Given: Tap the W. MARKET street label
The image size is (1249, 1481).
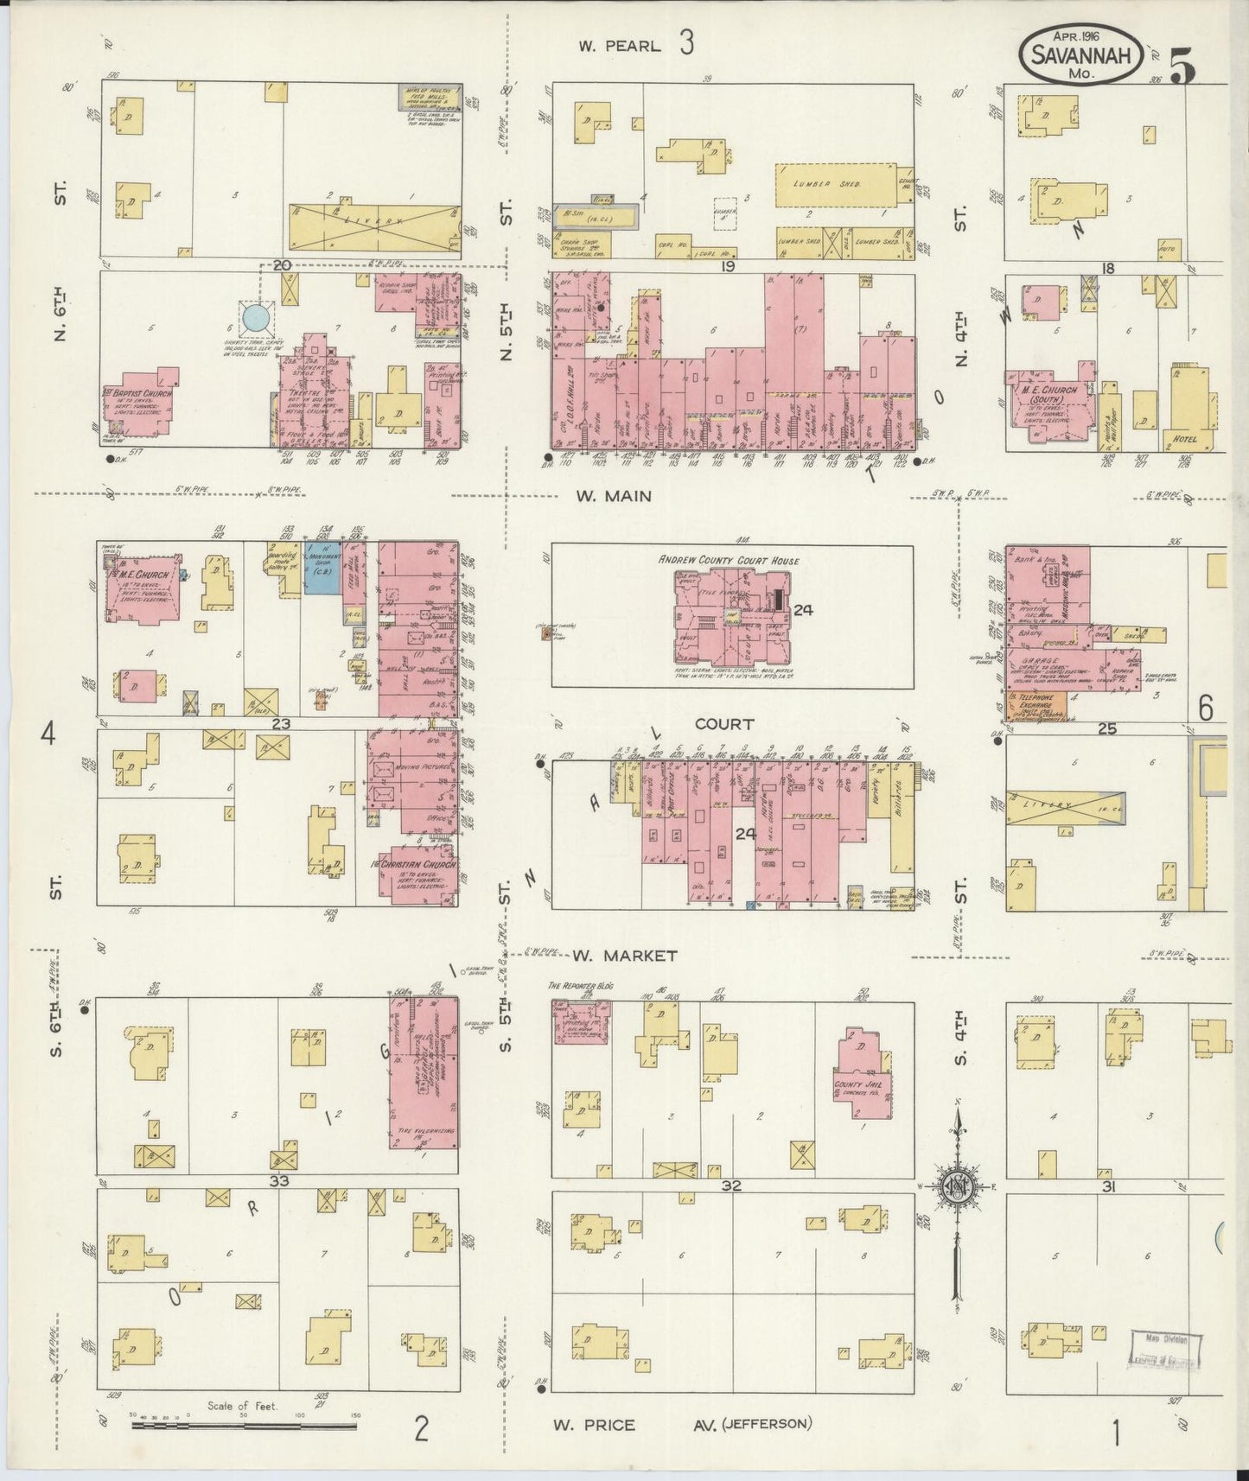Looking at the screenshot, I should [x=623, y=956].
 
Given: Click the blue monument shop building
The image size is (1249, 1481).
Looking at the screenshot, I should [x=323, y=569].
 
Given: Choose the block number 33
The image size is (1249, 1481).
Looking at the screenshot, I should [x=278, y=1180].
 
